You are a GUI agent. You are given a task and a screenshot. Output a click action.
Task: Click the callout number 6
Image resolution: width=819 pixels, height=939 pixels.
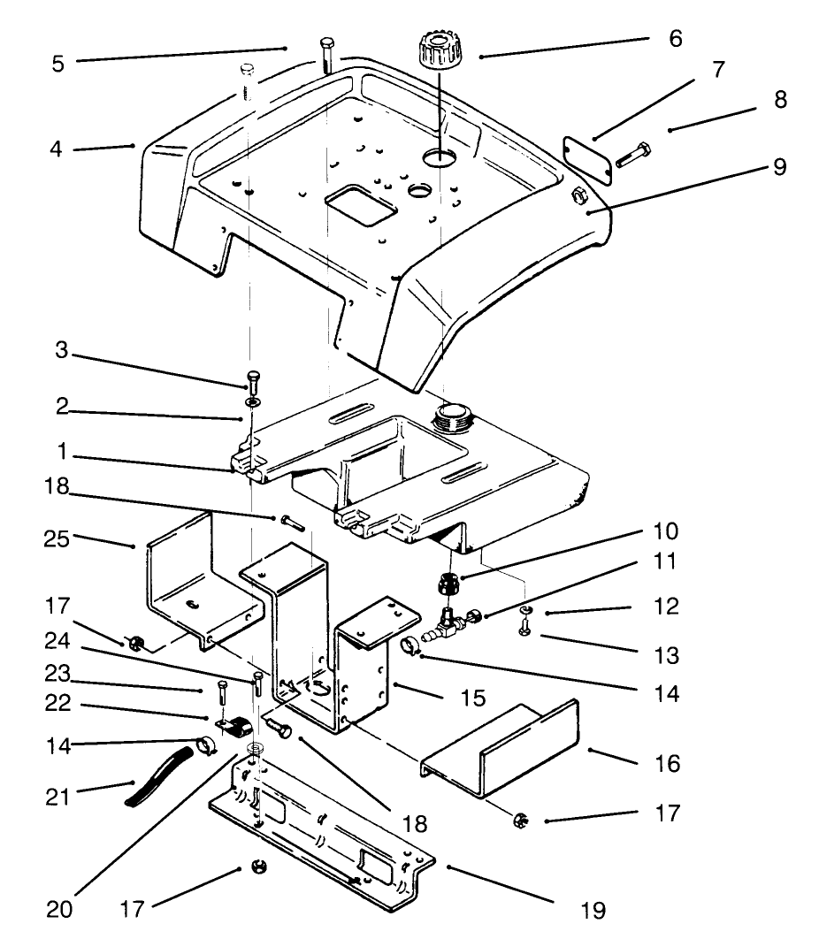[x=676, y=39]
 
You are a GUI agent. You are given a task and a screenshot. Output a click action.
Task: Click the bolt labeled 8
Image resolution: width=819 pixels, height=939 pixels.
[x=633, y=156]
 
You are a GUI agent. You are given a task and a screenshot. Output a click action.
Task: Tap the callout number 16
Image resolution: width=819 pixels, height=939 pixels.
[x=668, y=762]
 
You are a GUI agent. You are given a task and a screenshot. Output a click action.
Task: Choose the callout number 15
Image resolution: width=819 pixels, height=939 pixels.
[x=472, y=699]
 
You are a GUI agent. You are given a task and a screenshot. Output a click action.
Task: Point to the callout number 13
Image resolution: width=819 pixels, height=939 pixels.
[x=668, y=656]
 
